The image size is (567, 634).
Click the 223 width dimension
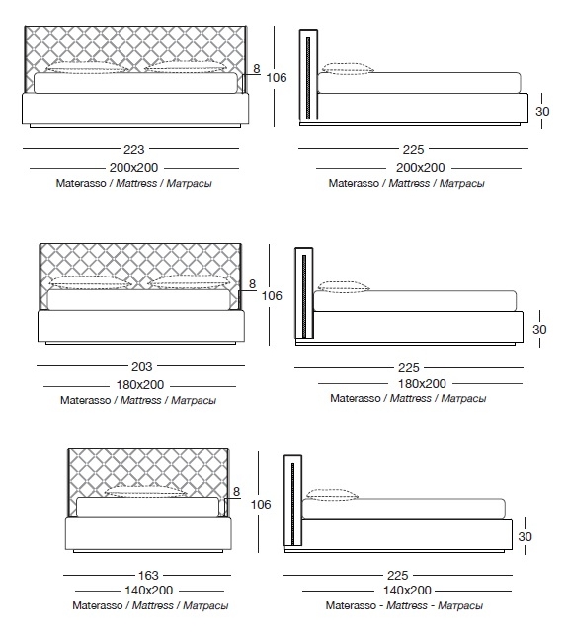(134, 149)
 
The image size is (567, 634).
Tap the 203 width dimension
(142, 366)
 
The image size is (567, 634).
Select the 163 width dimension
(148, 575)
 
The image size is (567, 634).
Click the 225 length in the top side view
(413, 149)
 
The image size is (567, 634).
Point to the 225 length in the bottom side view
(397, 575)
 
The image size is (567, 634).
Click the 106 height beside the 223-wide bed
(277, 77)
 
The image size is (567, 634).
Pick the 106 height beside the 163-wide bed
(261, 504)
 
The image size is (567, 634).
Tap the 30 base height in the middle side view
(539, 329)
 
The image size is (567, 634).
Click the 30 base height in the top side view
(542, 111)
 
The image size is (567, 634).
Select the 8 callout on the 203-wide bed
(252, 284)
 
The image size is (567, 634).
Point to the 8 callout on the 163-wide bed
(237, 492)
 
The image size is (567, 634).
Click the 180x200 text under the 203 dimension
(140, 384)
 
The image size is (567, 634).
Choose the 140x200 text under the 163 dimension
(149, 590)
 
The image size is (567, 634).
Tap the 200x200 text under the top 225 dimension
(420, 168)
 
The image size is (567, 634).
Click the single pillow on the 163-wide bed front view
(145, 491)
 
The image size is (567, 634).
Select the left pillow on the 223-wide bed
(85, 67)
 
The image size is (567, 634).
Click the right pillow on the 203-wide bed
(190, 283)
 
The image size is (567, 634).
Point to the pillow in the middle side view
(344, 286)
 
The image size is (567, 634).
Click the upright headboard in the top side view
(308, 74)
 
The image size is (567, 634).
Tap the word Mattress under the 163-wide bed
(153, 605)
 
